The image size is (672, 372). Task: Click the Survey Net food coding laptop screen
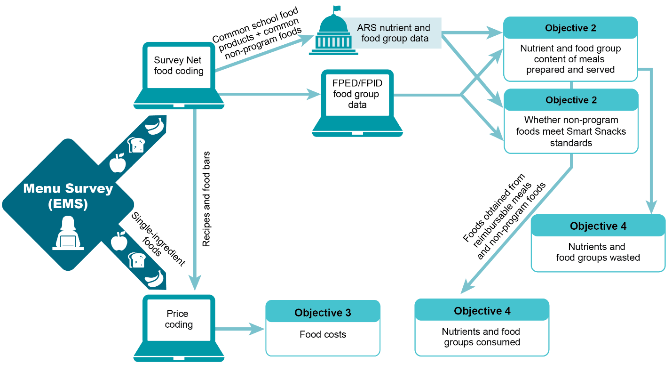pos(179,66)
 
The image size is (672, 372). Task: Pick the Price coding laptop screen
pos(179,319)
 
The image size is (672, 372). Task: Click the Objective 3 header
pos(323,313)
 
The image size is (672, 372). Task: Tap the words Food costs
pos(323,335)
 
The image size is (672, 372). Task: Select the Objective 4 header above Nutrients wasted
pos(598,226)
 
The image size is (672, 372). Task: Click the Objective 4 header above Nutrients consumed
pos(482,311)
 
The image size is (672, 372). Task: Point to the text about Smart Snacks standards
pos(571,131)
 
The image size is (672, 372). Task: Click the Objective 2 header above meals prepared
pos(570,28)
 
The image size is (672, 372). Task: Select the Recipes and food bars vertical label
pos(206,199)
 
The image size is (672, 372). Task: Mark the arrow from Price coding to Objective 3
pos(240,329)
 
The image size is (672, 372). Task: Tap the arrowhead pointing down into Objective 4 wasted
pos(651,208)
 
